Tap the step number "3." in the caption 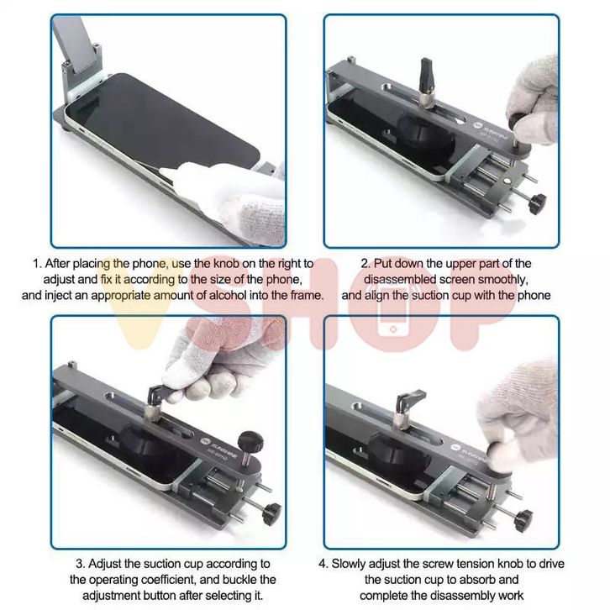click(81, 564)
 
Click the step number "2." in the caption click(365, 263)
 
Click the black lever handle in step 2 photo click(426, 74)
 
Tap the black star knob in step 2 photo click(537, 203)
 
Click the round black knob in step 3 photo click(250, 442)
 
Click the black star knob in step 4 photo click(523, 520)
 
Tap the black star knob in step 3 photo click(271, 513)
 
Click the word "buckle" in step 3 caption click(237, 580)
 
